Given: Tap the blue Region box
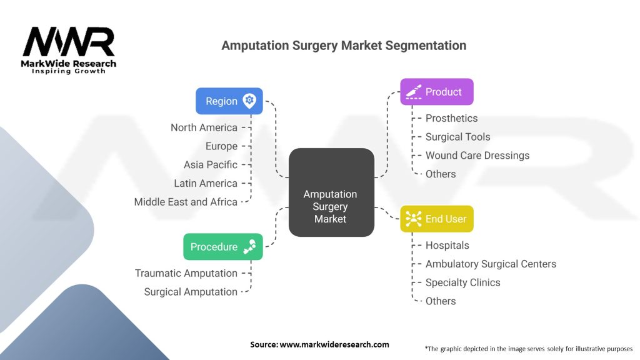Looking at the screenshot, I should click(229, 101).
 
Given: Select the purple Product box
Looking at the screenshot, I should click(436, 92).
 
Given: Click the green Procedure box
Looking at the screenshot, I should click(222, 247).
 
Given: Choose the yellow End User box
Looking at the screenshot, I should click(436, 219).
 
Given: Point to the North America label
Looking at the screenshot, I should click(204, 127).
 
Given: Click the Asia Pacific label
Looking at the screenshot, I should click(211, 164).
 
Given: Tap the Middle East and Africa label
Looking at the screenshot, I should click(186, 202).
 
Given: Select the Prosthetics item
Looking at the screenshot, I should click(451, 118).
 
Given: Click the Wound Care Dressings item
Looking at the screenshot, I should click(477, 155).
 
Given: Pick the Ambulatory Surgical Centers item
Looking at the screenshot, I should click(491, 264).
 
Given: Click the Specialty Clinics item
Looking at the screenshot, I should click(462, 282).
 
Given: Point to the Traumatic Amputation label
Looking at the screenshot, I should click(186, 273).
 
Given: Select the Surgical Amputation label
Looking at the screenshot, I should click(191, 292).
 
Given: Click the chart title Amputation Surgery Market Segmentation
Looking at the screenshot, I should click(344, 46).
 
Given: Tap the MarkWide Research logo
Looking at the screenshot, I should click(69, 50).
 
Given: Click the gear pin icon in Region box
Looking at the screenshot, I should click(249, 101).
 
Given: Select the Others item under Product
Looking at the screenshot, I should click(441, 174).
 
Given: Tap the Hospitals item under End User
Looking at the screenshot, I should click(447, 246).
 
